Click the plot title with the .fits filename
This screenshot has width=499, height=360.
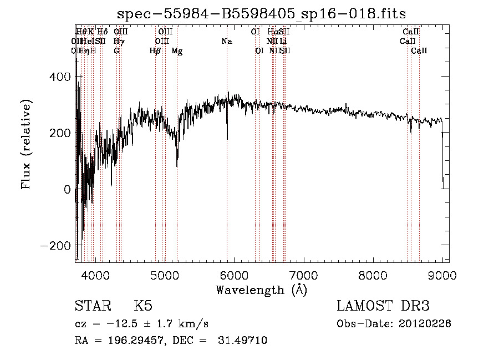click(x=262, y=15)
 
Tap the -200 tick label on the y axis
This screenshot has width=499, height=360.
click(x=55, y=245)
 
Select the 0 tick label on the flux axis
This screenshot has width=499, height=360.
click(x=67, y=189)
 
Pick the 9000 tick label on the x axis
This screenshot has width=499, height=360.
click(x=442, y=275)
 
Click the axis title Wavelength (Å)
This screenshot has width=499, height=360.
click(x=262, y=289)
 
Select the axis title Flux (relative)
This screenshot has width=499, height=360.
click(x=27, y=143)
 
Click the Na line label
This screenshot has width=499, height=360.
click(x=226, y=41)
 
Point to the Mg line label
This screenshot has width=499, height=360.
click(x=177, y=50)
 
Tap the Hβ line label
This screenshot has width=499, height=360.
click(x=155, y=50)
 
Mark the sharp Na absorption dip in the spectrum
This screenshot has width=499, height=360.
click(x=227, y=136)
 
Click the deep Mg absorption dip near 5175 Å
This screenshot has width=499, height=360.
click(x=177, y=162)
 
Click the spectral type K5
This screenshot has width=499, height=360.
click(x=143, y=306)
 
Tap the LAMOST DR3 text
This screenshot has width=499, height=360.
click(x=383, y=306)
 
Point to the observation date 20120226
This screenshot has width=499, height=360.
click(x=425, y=323)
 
